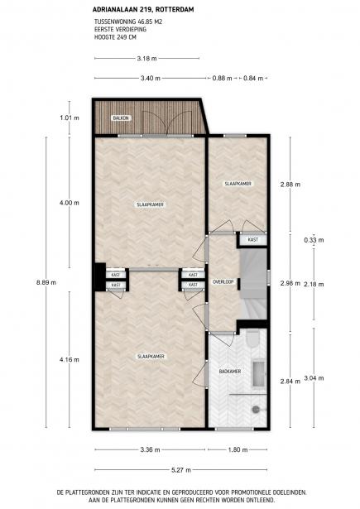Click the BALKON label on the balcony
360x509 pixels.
pyautogui.click(x=122, y=118)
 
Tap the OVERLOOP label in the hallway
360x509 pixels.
pyautogui.click(x=223, y=282)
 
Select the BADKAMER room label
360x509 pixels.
pyautogui.click(x=230, y=371)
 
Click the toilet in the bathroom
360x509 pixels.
pyautogui.click(x=252, y=339)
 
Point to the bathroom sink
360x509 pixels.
pyautogui.click(x=259, y=373)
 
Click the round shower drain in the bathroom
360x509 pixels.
pyautogui.click(x=256, y=410)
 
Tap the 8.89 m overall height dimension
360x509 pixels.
pyautogui.click(x=46, y=282)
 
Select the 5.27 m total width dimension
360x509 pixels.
pyautogui.click(x=181, y=470)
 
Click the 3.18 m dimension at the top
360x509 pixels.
pyautogui.click(x=146, y=59)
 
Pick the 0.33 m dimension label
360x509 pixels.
pyautogui.click(x=314, y=240)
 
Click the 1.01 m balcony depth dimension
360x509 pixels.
pyautogui.click(x=70, y=118)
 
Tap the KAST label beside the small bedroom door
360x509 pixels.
pyautogui.click(x=253, y=239)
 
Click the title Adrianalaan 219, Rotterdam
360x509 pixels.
pyautogui.click(x=143, y=10)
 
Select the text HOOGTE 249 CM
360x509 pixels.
pyautogui.click(x=115, y=37)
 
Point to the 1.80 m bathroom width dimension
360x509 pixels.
pyautogui.click(x=238, y=450)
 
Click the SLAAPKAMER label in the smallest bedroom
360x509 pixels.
pyautogui.click(x=238, y=184)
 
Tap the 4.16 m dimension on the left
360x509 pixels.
pyautogui.click(x=70, y=360)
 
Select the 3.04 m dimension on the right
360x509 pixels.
pyautogui.click(x=314, y=378)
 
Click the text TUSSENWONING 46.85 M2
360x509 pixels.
pyautogui.click(x=128, y=22)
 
